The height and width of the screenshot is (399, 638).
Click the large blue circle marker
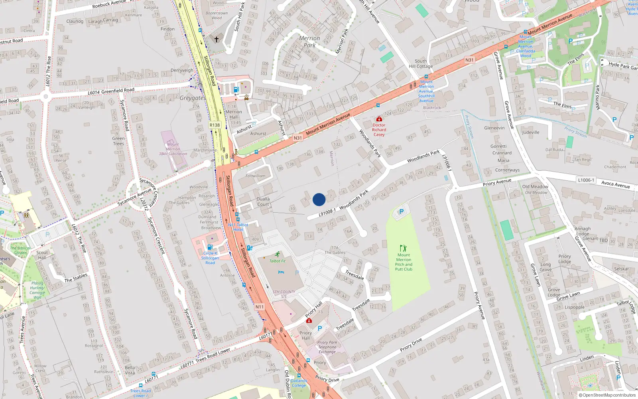click(x=319, y=199)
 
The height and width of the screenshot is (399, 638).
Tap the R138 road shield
click(x=215, y=125)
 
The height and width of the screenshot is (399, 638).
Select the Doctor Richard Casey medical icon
click(x=379, y=119)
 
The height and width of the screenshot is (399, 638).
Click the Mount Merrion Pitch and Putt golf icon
click(x=403, y=248)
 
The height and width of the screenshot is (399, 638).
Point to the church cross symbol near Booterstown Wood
click(x=217, y=40)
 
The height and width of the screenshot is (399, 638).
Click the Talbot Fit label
click(x=278, y=261)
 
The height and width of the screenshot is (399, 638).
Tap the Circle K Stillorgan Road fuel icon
click(x=210, y=247)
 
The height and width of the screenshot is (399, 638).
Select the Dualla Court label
click(x=263, y=201)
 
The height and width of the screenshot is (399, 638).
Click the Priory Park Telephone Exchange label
click(x=327, y=347)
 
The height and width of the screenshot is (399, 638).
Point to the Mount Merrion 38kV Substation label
click(x=173, y=149)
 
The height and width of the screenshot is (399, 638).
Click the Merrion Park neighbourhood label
click(x=309, y=41)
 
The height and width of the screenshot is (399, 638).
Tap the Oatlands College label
click(x=299, y=383)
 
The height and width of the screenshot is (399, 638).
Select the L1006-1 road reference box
click(x=586, y=180)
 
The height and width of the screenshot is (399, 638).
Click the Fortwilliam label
click(x=255, y=176)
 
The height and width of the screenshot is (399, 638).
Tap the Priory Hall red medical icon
click(x=309, y=320)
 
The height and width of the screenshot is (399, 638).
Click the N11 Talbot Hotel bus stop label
click(x=238, y=227)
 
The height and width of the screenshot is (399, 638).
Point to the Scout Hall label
click(x=42, y=255)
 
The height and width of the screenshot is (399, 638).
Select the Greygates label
click(x=192, y=98)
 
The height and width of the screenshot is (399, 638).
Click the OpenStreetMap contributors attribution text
click(x=607, y=395)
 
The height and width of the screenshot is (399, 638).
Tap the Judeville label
click(x=530, y=132)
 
